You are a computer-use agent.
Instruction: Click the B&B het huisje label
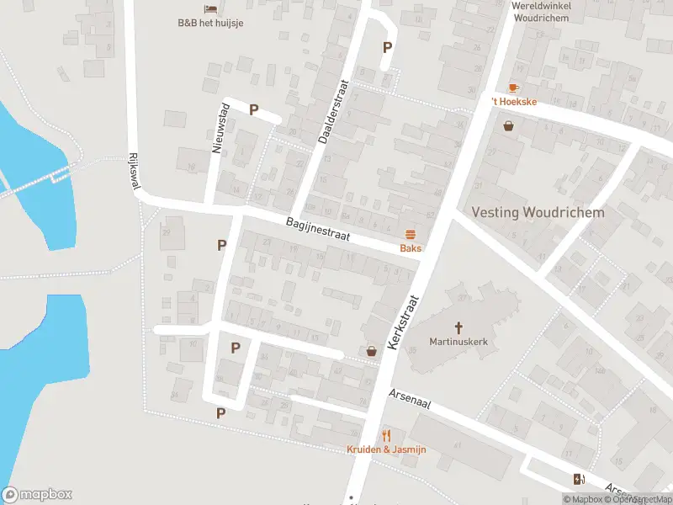tap(210, 23)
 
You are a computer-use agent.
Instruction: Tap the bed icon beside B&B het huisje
tap(210, 8)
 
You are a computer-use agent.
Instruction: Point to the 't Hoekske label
tap(514, 102)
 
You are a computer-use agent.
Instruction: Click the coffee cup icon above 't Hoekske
tap(513, 88)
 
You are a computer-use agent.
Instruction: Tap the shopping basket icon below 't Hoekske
tap(509, 127)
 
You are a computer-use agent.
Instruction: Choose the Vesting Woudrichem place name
tap(538, 212)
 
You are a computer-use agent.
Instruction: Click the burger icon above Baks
tap(411, 234)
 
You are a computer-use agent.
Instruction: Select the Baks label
tap(411, 248)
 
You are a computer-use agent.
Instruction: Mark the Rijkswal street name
tap(134, 171)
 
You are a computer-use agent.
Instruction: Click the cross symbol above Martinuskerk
tap(458, 327)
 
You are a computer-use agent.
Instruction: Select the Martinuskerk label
tap(458, 342)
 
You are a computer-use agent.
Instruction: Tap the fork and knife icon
tap(386, 435)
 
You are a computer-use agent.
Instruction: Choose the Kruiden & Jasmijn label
tap(386, 449)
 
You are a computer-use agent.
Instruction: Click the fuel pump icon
tap(579, 480)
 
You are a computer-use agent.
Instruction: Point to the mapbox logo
tap(36, 495)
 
